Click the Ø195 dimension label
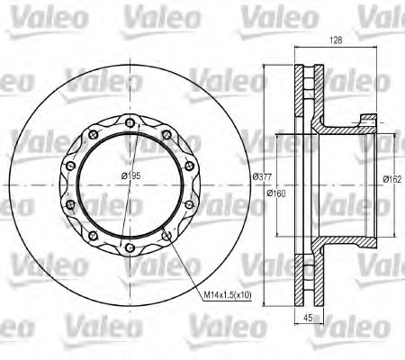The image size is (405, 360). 130,175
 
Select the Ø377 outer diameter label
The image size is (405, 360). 262,177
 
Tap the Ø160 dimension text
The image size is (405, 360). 276,193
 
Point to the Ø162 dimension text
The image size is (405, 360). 392,179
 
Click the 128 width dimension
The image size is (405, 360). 336,40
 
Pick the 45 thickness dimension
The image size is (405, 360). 308,318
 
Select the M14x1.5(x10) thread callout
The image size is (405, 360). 228,295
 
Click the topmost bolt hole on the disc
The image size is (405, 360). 130,122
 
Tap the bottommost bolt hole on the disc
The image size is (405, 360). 130,247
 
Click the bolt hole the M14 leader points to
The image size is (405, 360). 166,236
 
